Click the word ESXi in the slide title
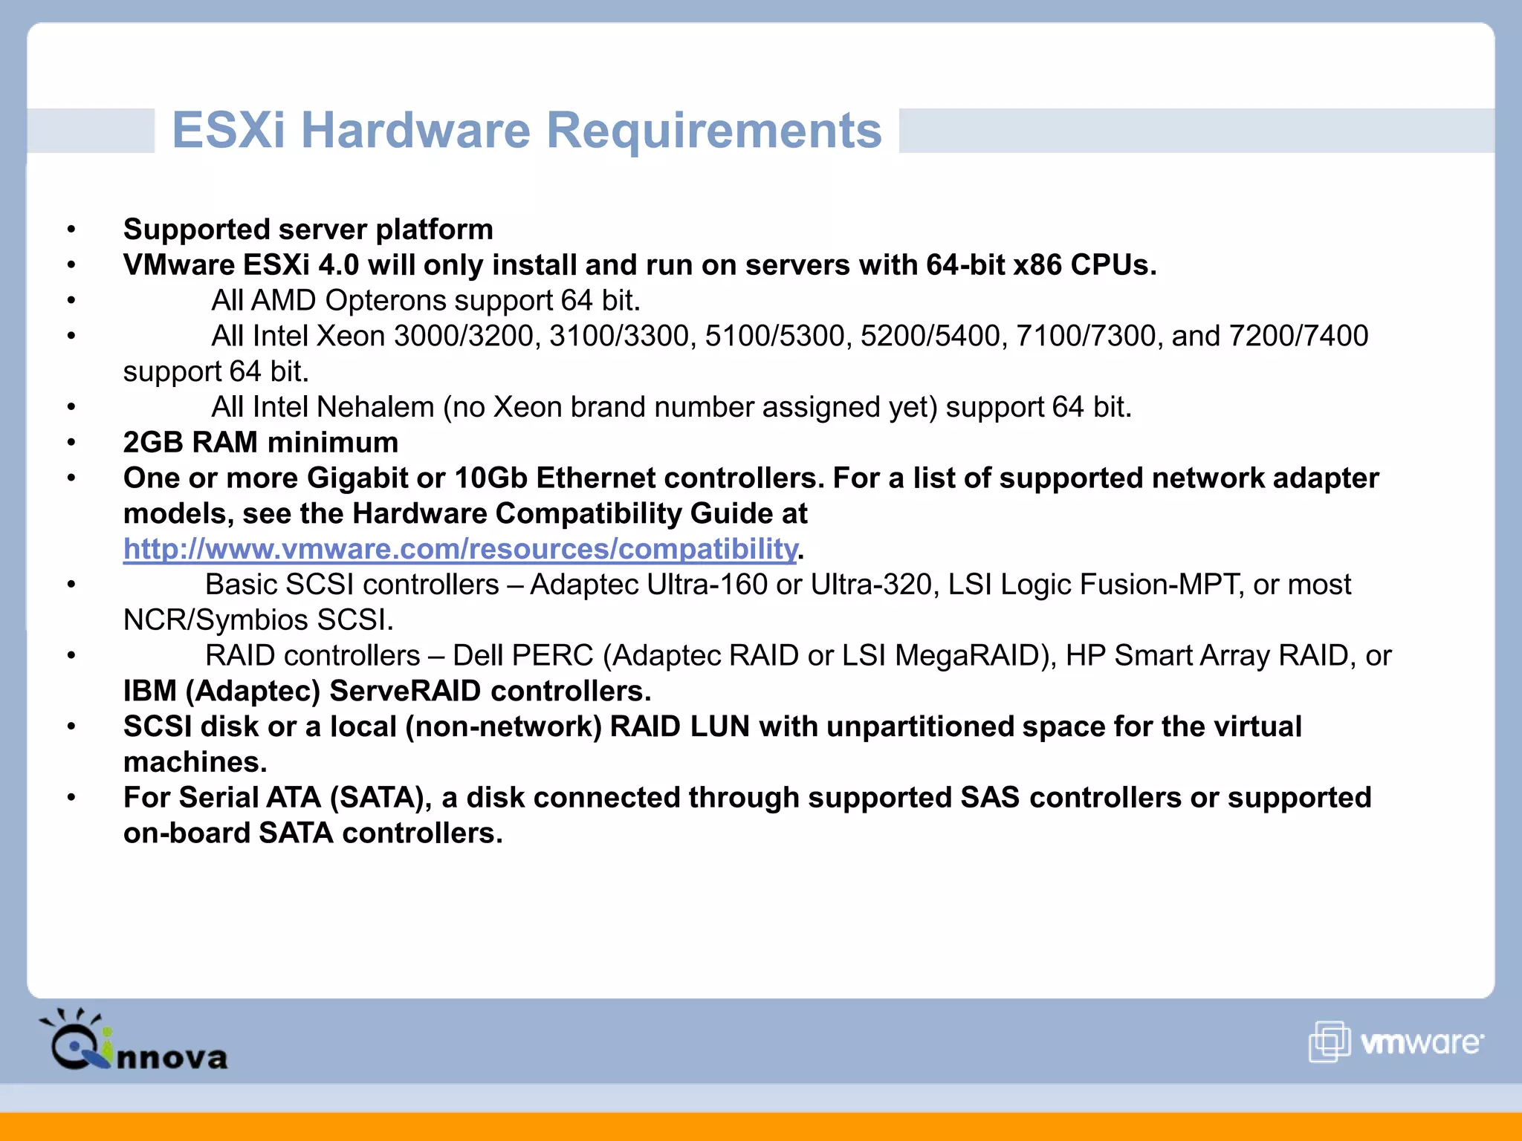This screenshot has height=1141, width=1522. click(x=228, y=131)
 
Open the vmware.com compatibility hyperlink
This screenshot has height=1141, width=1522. click(x=460, y=549)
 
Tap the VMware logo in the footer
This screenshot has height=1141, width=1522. click(x=1396, y=1041)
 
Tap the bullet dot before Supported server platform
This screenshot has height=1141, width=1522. click(x=71, y=230)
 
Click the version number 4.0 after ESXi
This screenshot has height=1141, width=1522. click(x=339, y=265)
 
